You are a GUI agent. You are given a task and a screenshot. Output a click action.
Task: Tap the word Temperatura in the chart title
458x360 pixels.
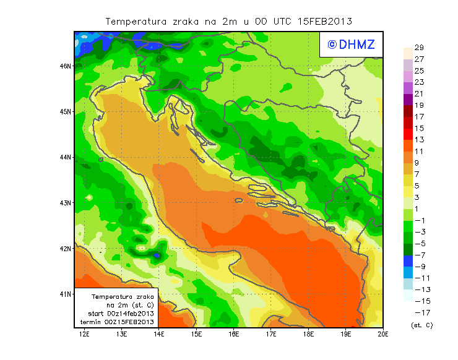coord(136,22)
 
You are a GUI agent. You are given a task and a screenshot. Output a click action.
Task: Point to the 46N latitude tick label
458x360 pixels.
coord(66,66)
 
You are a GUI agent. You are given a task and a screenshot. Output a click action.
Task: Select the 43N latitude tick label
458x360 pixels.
coord(66,203)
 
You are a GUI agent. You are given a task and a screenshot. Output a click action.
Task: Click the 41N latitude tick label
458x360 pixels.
coord(66,294)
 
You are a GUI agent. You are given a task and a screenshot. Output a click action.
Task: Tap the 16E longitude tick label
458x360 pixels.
coord(234,334)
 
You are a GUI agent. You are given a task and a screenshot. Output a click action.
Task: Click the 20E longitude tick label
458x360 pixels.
coord(383,334)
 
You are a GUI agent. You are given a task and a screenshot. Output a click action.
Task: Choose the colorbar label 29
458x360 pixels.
coord(419,48)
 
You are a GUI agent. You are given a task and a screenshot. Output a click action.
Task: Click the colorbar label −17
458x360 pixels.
coord(419,312)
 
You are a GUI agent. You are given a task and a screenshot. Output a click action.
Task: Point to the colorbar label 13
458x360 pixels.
coord(419,140)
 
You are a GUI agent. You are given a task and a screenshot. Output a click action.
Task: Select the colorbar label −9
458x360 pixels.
coord(419,267)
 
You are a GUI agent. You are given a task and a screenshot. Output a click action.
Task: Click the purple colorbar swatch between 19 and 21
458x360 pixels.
coord(407,100)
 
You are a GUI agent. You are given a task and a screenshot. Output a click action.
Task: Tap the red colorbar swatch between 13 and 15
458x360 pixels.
coord(407,134)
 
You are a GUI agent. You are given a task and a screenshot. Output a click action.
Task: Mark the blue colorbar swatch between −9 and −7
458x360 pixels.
coord(407,261)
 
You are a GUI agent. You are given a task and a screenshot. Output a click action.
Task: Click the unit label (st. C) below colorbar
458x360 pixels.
coord(421,325)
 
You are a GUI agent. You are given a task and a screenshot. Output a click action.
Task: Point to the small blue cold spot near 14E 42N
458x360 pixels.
coord(157,254)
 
